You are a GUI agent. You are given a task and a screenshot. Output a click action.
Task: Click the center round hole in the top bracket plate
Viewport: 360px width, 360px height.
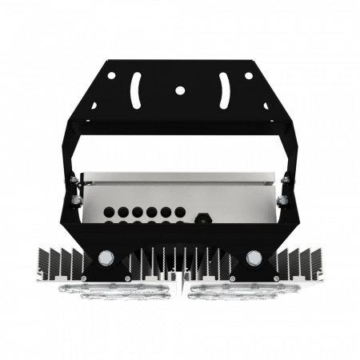pos(180,90)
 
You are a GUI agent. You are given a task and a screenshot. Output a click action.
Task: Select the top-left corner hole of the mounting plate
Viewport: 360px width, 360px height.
pos(111,76)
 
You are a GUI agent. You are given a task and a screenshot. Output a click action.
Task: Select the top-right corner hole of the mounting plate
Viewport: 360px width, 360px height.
pos(249,76)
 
